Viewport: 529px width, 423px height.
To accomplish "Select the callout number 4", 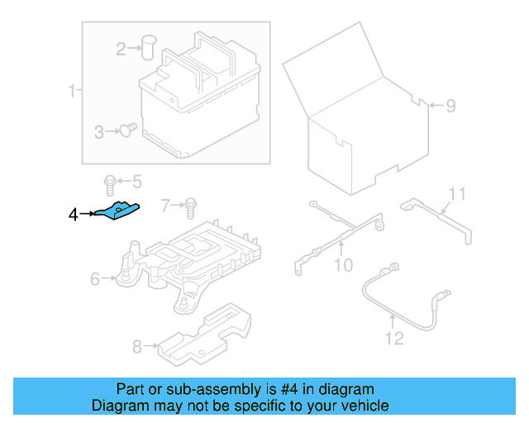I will [74, 215].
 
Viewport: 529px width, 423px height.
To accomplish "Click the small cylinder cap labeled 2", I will [150, 46].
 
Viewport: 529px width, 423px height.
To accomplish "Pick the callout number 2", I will [122, 50].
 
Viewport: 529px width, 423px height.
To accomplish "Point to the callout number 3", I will [98, 131].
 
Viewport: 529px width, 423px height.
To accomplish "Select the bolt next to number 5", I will [109, 181].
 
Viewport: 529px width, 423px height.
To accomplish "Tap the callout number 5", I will [136, 181].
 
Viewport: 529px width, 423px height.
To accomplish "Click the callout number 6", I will [95, 280].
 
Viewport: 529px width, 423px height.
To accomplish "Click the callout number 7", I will [165, 204].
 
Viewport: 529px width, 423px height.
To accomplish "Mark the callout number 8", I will [138, 346].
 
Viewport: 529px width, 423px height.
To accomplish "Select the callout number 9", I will [450, 106].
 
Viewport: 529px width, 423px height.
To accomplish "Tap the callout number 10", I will [343, 265].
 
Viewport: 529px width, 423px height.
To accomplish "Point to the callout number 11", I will [457, 195].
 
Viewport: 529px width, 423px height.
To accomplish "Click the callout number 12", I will [393, 338].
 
